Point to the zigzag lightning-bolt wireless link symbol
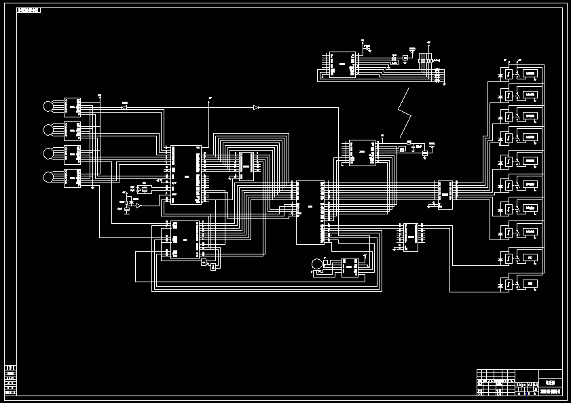pos(405,113)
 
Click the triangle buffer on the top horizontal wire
pos(256,107)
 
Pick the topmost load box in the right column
pos(530,73)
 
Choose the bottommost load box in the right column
pos(530,283)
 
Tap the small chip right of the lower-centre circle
pos(350,267)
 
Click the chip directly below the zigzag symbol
pos(363,152)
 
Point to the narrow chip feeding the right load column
pos(445,194)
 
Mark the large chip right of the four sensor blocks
pos(185,174)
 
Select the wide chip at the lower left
pos(180,239)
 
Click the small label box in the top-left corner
pos(29,11)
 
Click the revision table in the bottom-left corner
pos(11,379)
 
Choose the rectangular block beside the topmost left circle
pos(72,107)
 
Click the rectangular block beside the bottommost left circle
pos(72,178)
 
